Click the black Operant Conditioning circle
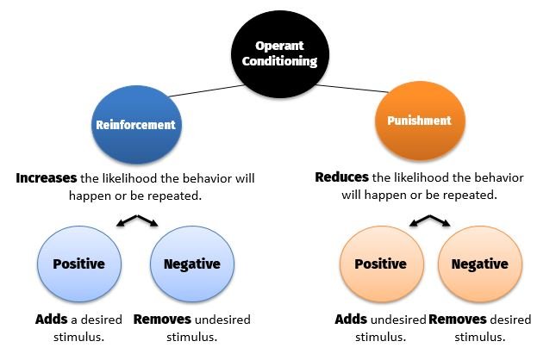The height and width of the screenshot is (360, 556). click(x=278, y=53)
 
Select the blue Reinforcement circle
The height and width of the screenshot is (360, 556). click(x=134, y=125)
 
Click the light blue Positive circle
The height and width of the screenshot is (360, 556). click(x=79, y=264)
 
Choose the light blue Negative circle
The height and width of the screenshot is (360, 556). click(x=191, y=264)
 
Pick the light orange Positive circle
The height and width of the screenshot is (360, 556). click(x=380, y=264)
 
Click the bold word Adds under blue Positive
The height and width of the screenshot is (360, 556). click(x=52, y=319)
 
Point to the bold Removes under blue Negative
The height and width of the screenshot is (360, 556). click(x=163, y=319)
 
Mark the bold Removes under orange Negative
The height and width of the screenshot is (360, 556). click(x=458, y=319)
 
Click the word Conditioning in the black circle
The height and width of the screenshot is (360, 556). click(x=278, y=61)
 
